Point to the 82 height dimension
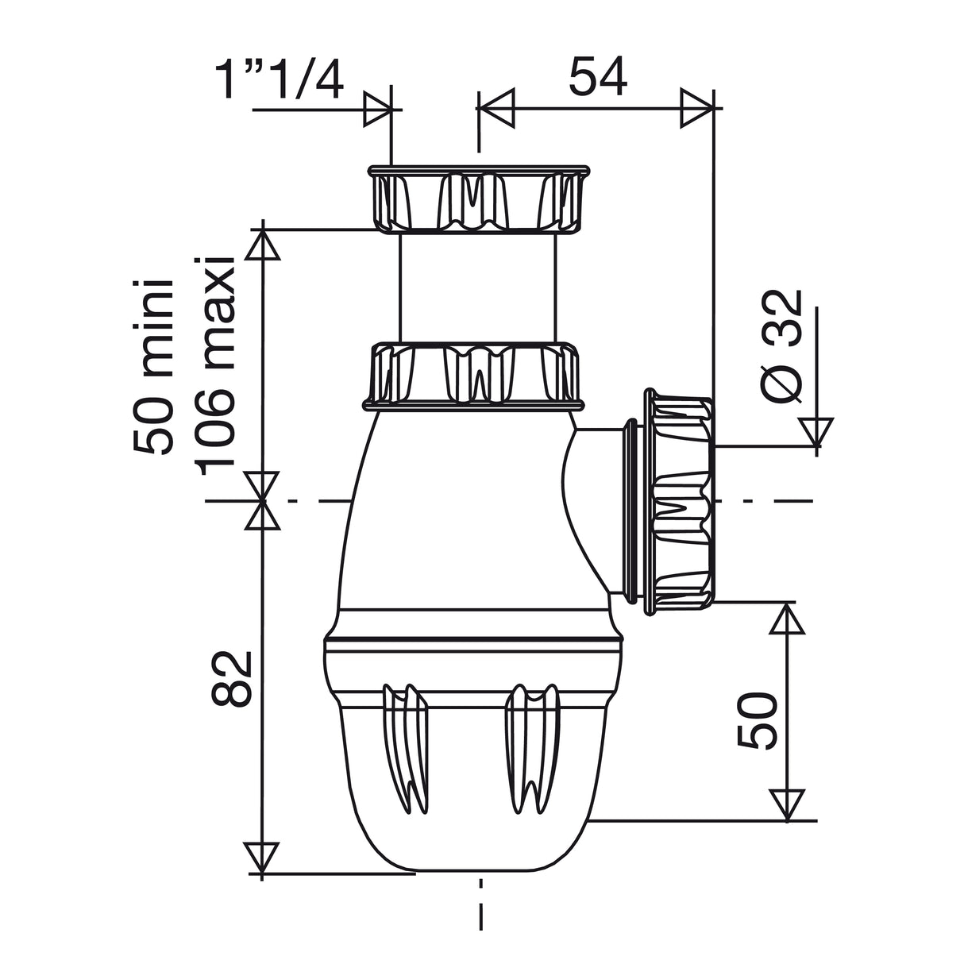coord(231,679)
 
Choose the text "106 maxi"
coord(216,367)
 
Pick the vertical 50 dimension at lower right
coord(756,720)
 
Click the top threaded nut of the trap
coord(478,199)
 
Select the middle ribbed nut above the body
coord(475,374)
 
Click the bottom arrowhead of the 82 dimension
coord(262,858)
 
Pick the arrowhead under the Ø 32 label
coord(816,433)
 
